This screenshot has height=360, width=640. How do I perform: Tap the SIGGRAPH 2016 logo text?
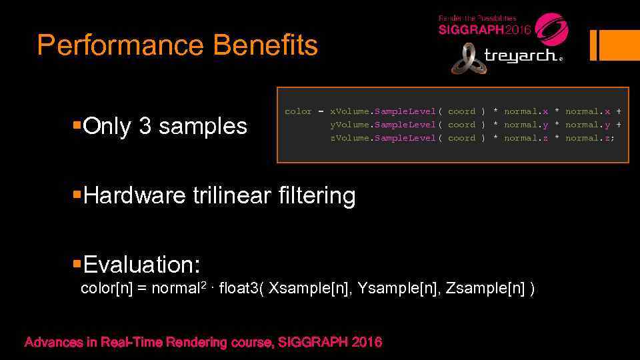point(485,30)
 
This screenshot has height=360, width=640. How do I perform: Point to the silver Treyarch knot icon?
point(469,59)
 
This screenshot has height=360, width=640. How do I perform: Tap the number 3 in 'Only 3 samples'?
point(145,126)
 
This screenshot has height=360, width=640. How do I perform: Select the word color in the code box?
point(298,111)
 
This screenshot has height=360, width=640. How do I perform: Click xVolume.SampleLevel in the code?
point(383,111)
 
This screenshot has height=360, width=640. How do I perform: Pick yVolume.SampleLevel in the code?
point(383,125)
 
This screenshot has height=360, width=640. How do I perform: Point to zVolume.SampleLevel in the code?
point(383,138)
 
